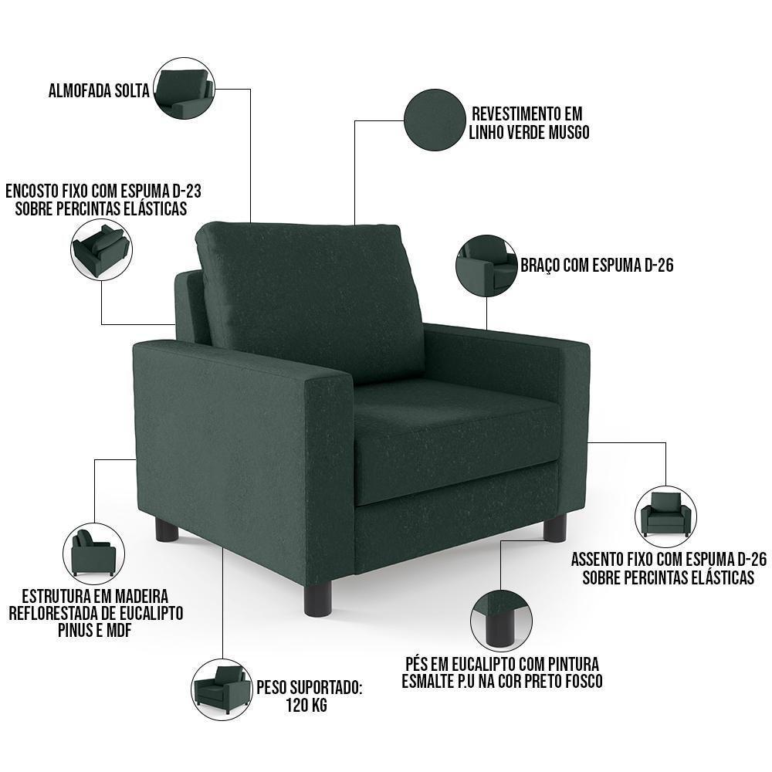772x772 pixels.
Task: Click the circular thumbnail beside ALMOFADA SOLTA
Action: [184, 88]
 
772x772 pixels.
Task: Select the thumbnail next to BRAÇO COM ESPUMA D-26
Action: [486, 266]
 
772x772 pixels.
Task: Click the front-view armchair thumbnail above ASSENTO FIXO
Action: [665, 515]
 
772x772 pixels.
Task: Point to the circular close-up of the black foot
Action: [501, 618]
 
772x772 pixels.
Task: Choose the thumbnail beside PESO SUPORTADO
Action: [222, 686]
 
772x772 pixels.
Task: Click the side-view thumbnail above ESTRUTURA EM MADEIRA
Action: [93, 554]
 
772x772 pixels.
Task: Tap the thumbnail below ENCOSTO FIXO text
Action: [101, 249]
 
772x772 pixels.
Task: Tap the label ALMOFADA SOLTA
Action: [99, 90]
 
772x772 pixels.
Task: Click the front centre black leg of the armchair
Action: [317, 598]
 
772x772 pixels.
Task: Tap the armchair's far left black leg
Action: [167, 530]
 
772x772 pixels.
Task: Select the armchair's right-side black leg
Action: [554, 529]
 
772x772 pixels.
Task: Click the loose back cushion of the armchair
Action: [309, 293]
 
